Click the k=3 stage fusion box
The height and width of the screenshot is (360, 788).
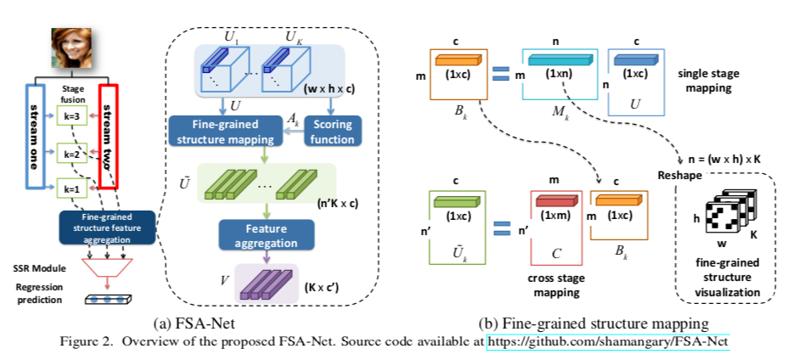72,116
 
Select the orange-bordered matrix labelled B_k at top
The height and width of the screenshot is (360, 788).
458,76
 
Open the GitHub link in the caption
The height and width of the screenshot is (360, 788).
607,341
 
